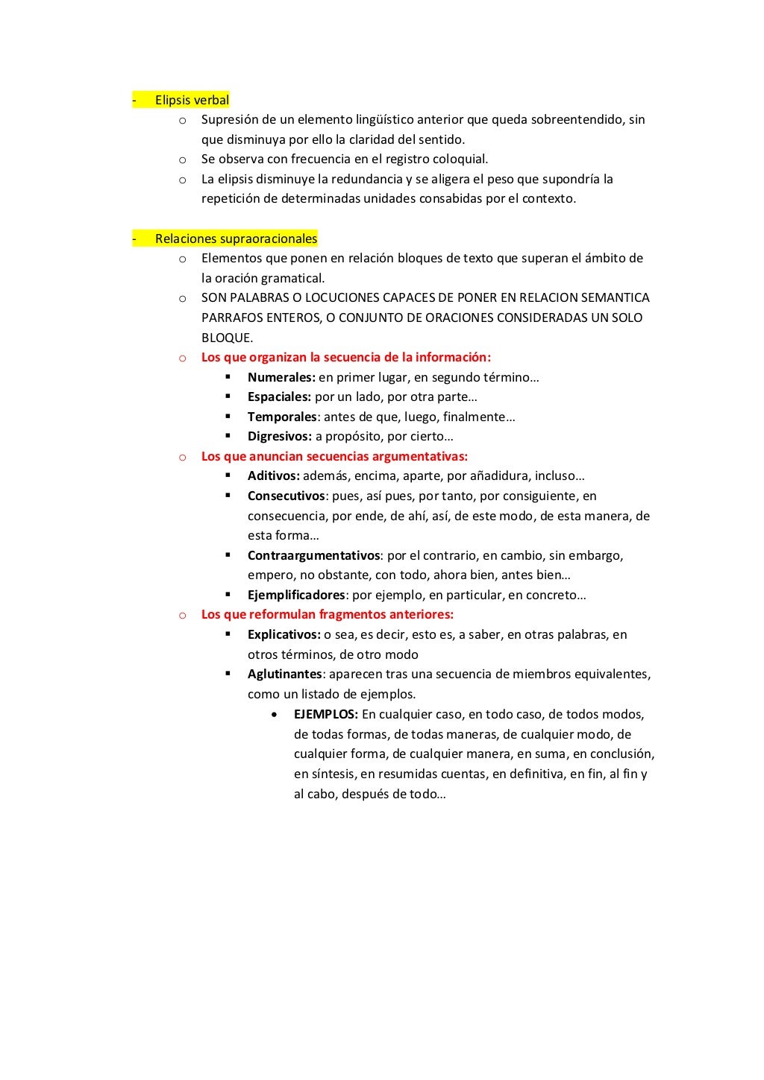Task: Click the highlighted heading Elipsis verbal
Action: [x=192, y=100]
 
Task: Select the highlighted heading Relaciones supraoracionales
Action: [x=236, y=239]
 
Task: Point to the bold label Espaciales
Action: [x=279, y=397]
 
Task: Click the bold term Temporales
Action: [x=282, y=417]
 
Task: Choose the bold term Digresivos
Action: [x=279, y=436]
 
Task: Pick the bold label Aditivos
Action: [x=273, y=476]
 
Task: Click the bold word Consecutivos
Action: [x=286, y=496]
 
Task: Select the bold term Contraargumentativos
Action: [x=314, y=555]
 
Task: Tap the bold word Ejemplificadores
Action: [x=296, y=595]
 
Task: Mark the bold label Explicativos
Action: [x=284, y=634]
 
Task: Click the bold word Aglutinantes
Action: [x=284, y=674]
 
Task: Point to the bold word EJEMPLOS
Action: [x=325, y=714]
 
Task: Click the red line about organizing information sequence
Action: [x=345, y=357]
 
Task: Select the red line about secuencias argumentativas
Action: [x=334, y=456]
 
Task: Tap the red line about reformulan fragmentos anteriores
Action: [x=327, y=614]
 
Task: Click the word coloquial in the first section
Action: [x=460, y=159]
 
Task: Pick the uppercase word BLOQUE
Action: [x=226, y=338]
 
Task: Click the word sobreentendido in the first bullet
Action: [x=577, y=119]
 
